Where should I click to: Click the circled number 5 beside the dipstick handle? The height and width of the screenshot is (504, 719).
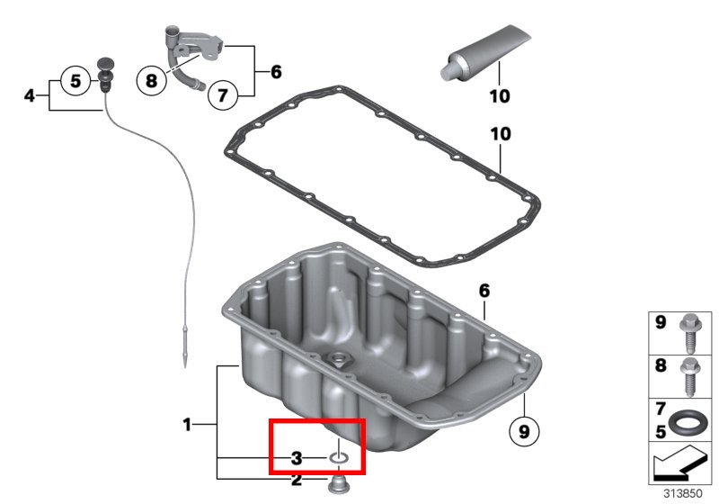click(75, 81)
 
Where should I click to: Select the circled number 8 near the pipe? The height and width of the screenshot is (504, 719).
click(151, 81)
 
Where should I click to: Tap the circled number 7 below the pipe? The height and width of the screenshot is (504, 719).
click(222, 95)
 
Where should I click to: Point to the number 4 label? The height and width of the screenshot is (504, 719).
click(30, 96)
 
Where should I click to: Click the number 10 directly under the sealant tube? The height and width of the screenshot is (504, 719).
click(500, 96)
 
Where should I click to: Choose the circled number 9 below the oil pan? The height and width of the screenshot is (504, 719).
click(524, 431)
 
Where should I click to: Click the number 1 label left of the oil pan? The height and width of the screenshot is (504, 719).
click(187, 425)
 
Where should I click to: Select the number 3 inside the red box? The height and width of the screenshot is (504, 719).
click(297, 457)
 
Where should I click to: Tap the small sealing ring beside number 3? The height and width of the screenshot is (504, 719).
click(339, 458)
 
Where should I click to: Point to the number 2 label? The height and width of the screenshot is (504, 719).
click(297, 480)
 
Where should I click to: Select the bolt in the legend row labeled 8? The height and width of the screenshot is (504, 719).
click(689, 376)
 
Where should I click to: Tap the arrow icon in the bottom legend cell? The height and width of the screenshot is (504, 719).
click(679, 463)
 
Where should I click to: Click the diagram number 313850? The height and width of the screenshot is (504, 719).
click(683, 493)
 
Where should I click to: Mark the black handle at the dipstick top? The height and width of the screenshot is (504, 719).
click(105, 75)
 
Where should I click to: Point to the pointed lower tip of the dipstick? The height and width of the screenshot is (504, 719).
click(185, 366)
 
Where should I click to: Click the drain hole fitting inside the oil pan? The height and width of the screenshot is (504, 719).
click(340, 358)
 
